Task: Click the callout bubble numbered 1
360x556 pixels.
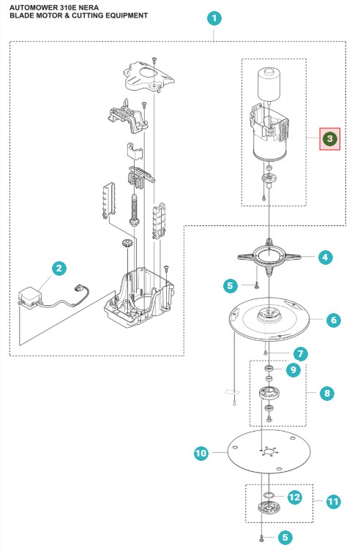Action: pyautogui.click(x=214, y=18)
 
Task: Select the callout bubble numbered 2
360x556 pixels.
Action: pyautogui.click(x=59, y=268)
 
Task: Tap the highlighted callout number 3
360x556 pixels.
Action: pyautogui.click(x=330, y=139)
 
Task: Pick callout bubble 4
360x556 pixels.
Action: pyautogui.click(x=325, y=257)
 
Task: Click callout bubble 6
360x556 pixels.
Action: pyautogui.click(x=334, y=320)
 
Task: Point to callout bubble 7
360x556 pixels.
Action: pyautogui.click(x=301, y=353)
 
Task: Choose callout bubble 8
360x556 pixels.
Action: pyautogui.click(x=326, y=393)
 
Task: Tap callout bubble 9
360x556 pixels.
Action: pyautogui.click(x=293, y=370)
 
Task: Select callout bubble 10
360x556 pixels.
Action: pyautogui.click(x=200, y=453)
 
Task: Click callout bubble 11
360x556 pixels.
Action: pyautogui.click(x=333, y=501)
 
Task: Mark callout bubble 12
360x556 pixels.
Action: pyautogui.click(x=294, y=497)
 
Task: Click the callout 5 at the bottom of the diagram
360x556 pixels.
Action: pyautogui.click(x=285, y=538)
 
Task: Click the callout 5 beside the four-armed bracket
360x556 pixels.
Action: pyautogui.click(x=230, y=285)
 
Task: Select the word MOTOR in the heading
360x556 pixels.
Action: pyautogui.click(x=46, y=15)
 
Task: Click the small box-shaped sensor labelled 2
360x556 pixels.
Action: pyautogui.click(x=30, y=297)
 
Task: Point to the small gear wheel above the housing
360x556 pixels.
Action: pyautogui.click(x=127, y=244)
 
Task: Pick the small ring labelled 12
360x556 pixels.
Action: pyautogui.click(x=269, y=495)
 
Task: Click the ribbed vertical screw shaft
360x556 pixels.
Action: pyautogui.click(x=135, y=210)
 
